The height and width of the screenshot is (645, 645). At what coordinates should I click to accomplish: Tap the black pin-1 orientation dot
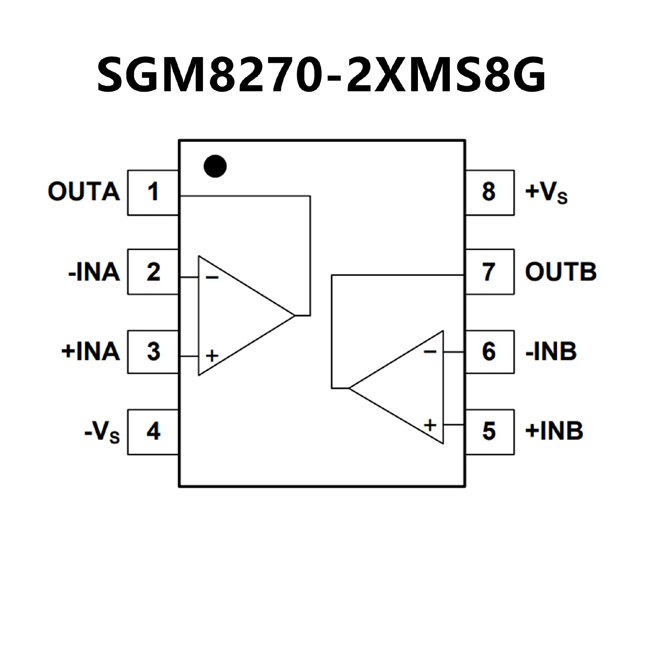215,166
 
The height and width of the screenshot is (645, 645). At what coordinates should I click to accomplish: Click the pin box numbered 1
153,192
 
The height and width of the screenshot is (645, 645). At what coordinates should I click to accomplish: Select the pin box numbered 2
153,272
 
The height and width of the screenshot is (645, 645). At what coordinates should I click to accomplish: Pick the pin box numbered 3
153,351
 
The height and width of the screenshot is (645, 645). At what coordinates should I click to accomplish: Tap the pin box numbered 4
153,432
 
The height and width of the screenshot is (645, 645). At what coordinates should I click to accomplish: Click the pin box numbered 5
489,432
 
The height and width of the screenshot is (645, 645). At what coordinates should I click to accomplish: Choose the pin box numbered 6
489,351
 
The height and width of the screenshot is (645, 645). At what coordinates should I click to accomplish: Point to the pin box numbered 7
489,272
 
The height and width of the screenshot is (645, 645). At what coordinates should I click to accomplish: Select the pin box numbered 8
489,192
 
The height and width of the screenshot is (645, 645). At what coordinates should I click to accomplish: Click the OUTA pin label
84,192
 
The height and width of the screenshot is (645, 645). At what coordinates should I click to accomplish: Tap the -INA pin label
94,272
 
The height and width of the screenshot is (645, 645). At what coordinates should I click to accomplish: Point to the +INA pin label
91,351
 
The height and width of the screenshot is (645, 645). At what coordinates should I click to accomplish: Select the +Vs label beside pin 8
546,193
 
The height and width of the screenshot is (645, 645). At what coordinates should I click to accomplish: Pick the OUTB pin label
561,272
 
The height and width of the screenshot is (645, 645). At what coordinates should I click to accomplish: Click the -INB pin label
551,351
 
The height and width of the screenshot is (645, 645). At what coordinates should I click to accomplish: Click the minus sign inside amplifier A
212,277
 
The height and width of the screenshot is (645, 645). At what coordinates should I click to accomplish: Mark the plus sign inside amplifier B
430,425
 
